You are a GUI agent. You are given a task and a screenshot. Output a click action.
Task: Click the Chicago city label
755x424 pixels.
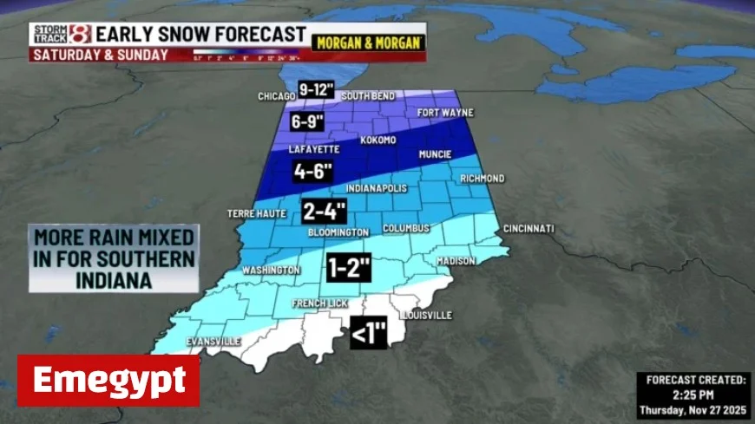click(277, 96)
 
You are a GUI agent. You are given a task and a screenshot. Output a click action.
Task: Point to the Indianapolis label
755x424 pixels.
click(376, 188)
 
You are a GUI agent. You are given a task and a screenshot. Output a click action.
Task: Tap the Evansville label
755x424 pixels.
click(213, 342)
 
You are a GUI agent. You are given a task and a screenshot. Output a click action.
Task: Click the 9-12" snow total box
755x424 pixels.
click(316, 88)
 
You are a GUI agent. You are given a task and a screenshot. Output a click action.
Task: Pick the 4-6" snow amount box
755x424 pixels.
click(312, 170)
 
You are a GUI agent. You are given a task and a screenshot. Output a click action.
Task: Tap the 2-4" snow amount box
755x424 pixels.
click(324, 211)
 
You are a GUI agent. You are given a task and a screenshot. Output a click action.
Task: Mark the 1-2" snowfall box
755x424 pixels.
click(349, 267)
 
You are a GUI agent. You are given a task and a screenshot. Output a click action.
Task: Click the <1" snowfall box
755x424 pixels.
click(367, 334)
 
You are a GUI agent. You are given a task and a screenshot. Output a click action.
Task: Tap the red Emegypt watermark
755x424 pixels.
click(108, 380)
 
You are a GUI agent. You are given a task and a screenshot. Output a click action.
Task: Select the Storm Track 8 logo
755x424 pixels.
click(61, 35)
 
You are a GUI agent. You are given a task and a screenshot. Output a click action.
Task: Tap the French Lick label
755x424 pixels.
click(321, 303)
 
